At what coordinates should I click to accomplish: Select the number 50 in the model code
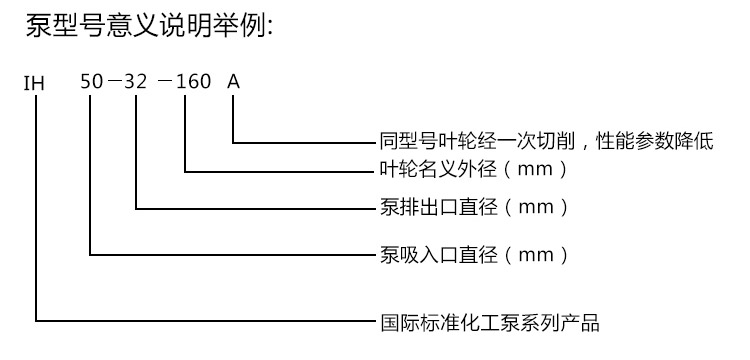(x=92, y=82)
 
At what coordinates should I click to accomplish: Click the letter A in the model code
(x=233, y=82)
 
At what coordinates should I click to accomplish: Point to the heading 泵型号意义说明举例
(x=147, y=27)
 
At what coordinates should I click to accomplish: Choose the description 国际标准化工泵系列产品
(x=490, y=323)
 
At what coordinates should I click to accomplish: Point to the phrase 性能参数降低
(x=661, y=142)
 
